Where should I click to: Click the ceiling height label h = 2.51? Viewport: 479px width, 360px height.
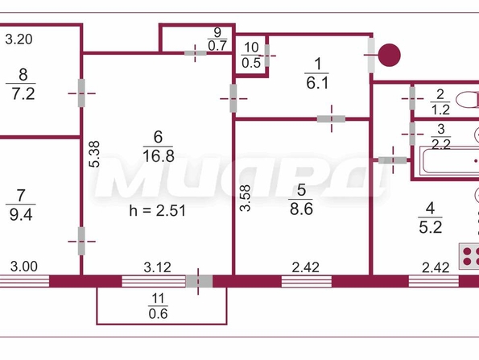(x=157, y=210)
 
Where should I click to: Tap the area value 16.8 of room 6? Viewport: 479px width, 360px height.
(x=159, y=156)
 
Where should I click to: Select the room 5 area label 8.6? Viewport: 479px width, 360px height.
(x=301, y=209)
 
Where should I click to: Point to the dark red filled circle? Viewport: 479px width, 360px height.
(x=390, y=55)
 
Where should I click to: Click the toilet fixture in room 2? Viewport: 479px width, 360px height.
(x=468, y=100)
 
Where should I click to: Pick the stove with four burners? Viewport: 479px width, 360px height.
(x=469, y=256)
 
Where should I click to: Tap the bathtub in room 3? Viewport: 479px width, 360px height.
(x=450, y=161)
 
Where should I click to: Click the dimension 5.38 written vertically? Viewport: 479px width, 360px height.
(x=94, y=154)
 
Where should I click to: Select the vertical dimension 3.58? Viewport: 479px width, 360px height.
(x=245, y=198)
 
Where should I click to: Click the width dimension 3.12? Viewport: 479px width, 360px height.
(x=157, y=267)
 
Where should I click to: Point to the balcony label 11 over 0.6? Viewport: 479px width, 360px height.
(x=158, y=306)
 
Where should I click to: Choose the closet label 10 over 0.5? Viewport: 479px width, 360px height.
(x=251, y=56)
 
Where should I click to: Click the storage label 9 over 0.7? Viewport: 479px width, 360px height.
(x=217, y=39)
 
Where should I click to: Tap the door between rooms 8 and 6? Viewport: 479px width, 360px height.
(x=81, y=93)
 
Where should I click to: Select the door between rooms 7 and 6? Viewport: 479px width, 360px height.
(x=81, y=241)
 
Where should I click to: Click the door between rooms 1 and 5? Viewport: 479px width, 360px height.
(x=331, y=119)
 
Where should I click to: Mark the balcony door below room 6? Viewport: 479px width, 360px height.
(x=199, y=281)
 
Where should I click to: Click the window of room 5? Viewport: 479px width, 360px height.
(x=307, y=281)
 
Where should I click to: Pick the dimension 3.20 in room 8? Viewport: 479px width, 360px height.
(x=19, y=39)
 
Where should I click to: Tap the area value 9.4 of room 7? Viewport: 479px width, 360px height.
(x=21, y=214)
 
